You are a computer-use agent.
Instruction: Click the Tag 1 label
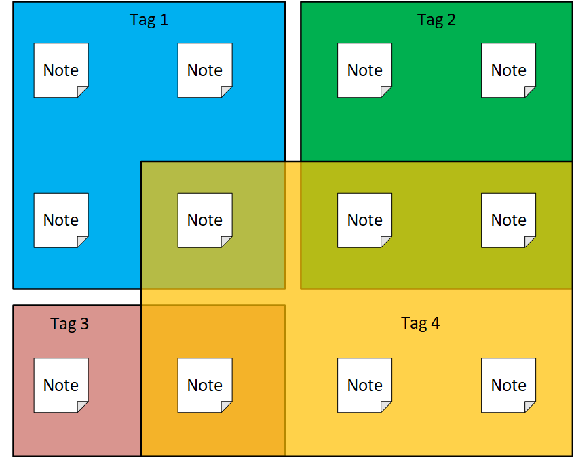149,20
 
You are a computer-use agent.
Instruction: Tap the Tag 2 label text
436,20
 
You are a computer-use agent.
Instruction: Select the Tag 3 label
69,324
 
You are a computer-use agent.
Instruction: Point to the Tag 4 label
420,323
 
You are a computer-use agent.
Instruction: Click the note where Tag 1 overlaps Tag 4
205,220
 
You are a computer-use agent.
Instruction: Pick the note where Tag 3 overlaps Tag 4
205,386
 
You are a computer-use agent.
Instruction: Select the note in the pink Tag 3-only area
61,386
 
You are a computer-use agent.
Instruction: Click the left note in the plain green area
364,70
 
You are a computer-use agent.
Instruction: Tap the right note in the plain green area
508,70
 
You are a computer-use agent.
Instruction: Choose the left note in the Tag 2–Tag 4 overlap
364,220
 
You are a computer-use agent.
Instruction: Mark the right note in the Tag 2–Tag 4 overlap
508,220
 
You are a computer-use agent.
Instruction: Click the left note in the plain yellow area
364,386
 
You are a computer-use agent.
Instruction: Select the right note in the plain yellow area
508,386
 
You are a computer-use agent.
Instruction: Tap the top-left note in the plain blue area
61,70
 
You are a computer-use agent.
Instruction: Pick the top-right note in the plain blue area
205,70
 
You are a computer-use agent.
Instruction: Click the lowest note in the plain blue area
61,220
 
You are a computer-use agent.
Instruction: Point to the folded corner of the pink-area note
81,406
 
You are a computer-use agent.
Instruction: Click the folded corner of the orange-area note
225,406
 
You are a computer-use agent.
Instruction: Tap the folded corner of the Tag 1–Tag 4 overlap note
225,241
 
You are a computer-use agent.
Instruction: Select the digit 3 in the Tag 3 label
85,324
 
